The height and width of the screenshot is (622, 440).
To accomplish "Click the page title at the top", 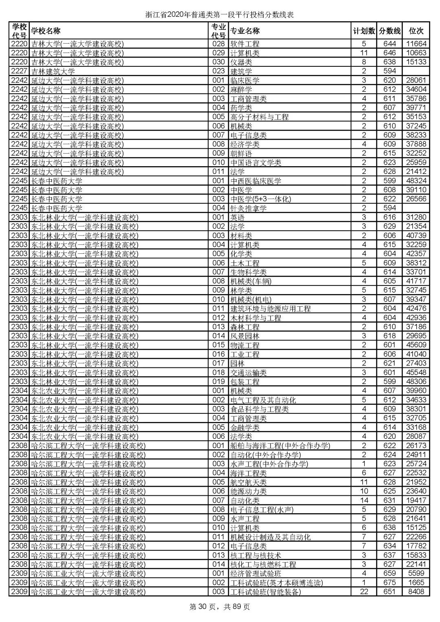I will pos(220,15).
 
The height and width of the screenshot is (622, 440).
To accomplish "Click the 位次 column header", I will pos(416,31).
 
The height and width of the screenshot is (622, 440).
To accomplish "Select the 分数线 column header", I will pos(389,31).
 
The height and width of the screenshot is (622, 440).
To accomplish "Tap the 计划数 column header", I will pos(364,31).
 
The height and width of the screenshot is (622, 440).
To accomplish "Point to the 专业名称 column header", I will pos(245,31).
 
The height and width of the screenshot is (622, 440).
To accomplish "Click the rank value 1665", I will pos(416,582).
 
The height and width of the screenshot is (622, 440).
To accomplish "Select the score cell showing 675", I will pos(389,582).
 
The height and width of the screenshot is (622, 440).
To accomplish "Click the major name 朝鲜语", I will pos(241,154).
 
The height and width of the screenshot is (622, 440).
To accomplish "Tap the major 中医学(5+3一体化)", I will pos(261,199).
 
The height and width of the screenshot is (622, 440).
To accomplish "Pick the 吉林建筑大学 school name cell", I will pos(53,71).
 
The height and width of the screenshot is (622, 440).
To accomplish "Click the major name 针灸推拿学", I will pos(248,208).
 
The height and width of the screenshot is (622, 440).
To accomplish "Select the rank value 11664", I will pos(416,44).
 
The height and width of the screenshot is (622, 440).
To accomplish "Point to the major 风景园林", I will pos(244,336).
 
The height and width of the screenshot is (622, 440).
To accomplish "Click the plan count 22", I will pos(364,591).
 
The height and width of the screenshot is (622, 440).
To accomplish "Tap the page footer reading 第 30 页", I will pos(220,607).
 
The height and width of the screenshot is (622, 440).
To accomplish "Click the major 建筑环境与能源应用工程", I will pos(270,309).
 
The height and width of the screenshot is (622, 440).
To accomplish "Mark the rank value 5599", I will pos(416,574).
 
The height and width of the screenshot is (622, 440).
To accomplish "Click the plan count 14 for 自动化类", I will pos(364,500).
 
